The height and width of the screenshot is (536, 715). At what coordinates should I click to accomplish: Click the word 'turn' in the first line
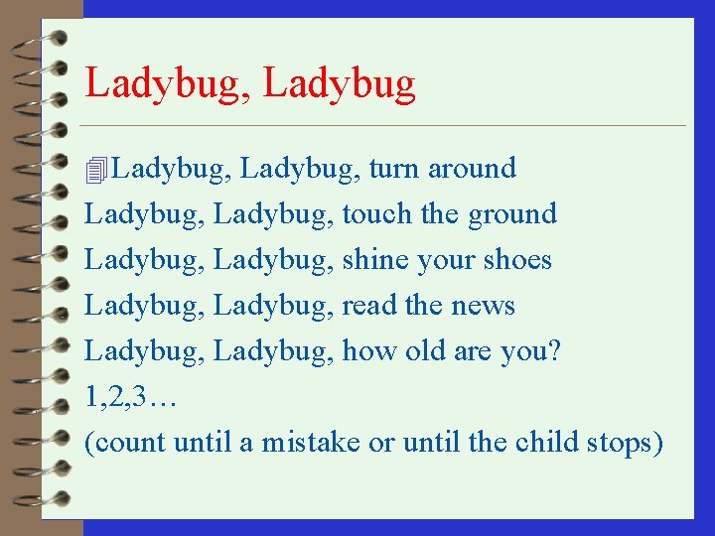(394, 170)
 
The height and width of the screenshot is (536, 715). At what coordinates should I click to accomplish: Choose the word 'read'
(365, 306)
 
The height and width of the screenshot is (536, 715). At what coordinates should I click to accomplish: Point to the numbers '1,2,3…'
(130, 398)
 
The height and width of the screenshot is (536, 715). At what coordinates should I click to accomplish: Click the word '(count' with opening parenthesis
(125, 443)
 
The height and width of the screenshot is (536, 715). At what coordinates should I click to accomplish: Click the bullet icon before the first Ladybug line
(95, 171)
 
